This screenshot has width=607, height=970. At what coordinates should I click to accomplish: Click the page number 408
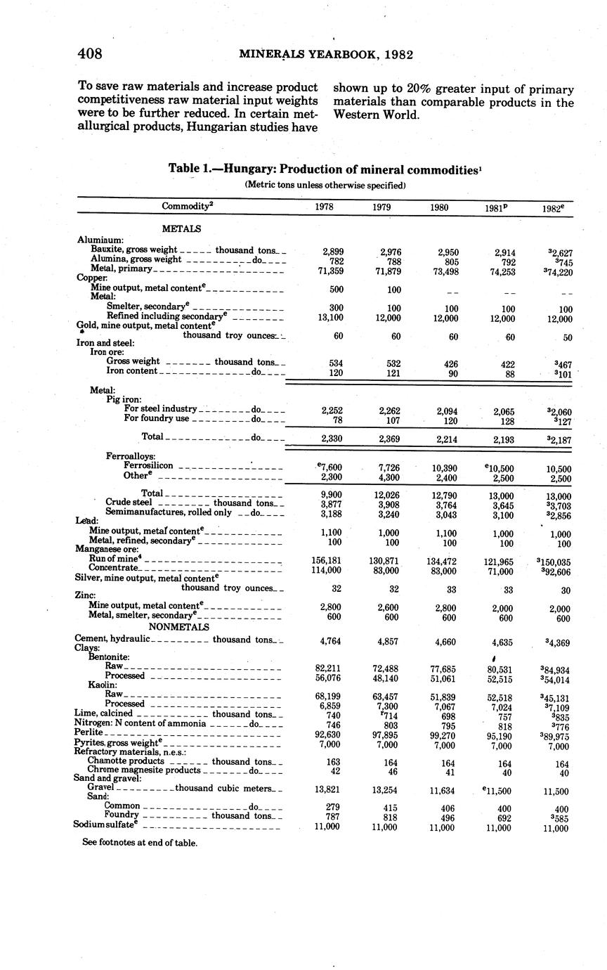pos(90,54)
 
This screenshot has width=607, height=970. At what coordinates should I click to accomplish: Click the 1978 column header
pos(325,207)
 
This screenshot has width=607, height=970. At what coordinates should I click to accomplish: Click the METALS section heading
pos(181,228)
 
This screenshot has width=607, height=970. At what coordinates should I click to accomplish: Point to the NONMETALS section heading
pos(178,626)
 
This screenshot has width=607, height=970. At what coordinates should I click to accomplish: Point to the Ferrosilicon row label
pos(148,465)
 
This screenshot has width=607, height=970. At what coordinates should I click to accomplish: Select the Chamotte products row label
pos(126,761)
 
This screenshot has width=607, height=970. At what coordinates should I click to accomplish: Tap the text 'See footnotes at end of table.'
pos(140,842)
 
